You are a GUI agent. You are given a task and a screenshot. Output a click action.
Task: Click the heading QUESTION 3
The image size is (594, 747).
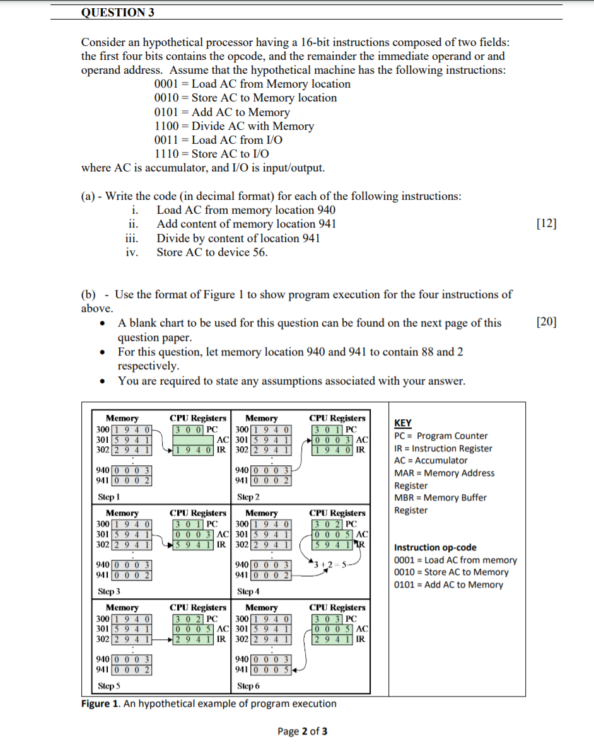pos(118,12)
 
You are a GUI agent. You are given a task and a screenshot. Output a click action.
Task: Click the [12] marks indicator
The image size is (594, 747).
pos(546,224)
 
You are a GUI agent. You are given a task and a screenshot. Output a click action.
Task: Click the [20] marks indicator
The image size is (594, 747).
pos(546,322)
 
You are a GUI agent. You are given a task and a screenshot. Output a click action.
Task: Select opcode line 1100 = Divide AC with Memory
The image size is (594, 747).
pos(234,126)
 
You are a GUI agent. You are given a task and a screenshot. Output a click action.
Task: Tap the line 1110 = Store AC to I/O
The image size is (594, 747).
pos(212,154)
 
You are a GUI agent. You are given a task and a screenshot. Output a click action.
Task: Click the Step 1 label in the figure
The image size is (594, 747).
pos(110,497)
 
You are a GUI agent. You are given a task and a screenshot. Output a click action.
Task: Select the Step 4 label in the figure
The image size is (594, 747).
pos(247,592)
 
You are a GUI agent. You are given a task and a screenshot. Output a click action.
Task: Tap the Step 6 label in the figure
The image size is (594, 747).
pos(247,686)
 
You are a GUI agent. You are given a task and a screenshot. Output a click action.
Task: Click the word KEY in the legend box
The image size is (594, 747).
pos(402,423)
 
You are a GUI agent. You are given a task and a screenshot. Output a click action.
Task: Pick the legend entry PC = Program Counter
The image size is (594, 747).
pos(441,436)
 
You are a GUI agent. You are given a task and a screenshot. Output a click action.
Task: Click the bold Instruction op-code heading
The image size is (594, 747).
pos(435,547)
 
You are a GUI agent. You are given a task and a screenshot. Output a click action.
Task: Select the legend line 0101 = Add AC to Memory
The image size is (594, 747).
pos(448,584)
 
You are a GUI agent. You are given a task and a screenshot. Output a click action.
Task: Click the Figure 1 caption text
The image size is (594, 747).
pos(209,704)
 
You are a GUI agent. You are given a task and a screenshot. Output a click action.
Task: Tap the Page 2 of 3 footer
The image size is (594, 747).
pos(302,731)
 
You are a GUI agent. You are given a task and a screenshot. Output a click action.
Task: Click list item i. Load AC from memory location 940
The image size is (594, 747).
pos(246,210)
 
